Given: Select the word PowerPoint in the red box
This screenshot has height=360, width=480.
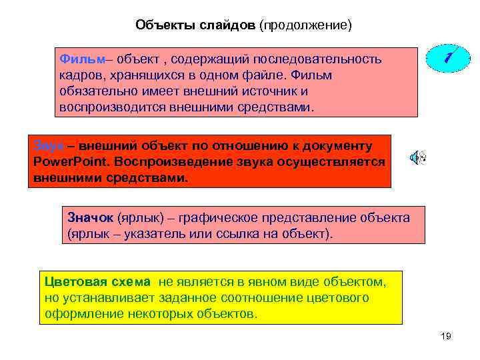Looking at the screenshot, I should tap(71, 162).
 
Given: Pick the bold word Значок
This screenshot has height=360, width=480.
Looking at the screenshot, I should tap(91, 218).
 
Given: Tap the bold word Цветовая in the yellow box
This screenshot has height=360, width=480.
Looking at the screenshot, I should tap(71, 281).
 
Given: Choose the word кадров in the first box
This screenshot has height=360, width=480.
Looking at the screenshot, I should tap(77, 75).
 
